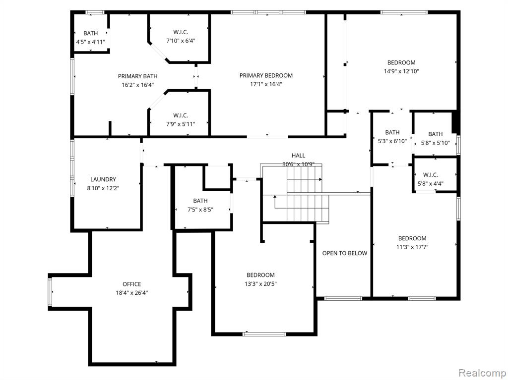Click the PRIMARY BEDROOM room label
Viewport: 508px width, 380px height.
[266, 76]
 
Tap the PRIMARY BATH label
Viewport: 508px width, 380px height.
[138, 76]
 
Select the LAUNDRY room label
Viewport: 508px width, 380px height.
[103, 179]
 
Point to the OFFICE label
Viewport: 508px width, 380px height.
[132, 284]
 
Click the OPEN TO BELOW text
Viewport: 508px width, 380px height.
[345, 253]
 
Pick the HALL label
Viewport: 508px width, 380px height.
[298, 156]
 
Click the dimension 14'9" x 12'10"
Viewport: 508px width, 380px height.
[401, 71]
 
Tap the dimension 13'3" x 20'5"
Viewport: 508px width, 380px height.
[260, 284]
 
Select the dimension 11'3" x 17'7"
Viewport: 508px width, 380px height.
[412, 247]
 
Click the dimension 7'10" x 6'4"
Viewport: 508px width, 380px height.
[181, 41]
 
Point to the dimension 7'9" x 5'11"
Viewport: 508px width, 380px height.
[181, 124]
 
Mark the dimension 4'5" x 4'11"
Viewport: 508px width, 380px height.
[90, 42]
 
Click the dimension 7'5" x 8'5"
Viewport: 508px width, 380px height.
[200, 210]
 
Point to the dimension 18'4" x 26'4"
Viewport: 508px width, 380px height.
[132, 293]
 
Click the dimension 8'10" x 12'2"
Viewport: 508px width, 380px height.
[103, 188]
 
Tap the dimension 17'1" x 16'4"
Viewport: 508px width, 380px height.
[266, 85]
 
